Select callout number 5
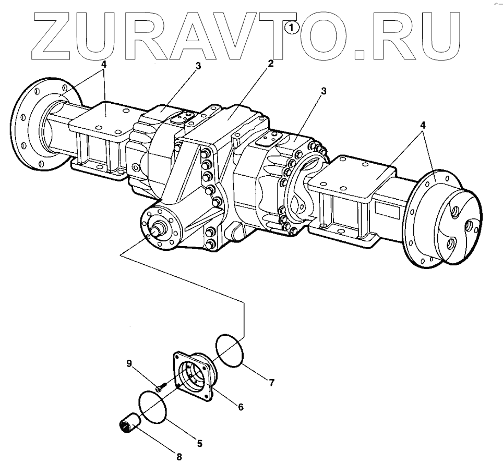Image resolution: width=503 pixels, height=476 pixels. coord(200,444)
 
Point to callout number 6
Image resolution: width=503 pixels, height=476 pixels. coord(241,407)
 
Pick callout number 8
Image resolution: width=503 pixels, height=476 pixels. coord(179,457)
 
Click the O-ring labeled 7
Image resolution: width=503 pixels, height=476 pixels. coord(229,352)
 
